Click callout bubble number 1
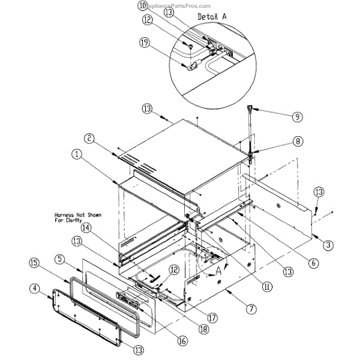click(77, 154)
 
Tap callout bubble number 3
click(328, 244)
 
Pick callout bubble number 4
click(37, 290)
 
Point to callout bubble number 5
click(60, 259)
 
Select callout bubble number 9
click(298, 117)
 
